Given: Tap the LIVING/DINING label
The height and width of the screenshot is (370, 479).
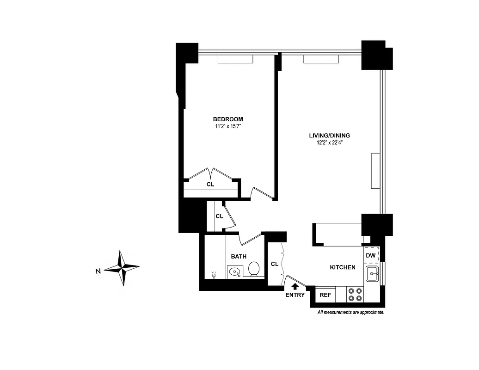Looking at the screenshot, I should point(329,136).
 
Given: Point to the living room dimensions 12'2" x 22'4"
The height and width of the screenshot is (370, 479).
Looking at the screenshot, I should point(329,142).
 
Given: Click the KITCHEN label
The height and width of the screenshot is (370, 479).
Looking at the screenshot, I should point(342,267).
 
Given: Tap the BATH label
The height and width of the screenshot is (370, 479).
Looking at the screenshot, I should point(239,256).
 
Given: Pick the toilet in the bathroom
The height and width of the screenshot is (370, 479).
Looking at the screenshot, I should point(254,269).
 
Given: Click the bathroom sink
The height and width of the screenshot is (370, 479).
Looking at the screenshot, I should point(234,271).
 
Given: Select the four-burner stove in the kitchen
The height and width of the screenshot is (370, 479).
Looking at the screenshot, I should point(355,295).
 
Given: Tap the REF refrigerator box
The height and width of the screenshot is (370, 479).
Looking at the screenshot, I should point(325,295).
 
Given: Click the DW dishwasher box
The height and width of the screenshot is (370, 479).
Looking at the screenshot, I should point(371,255).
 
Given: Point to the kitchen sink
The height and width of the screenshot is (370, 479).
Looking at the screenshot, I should point(372,274).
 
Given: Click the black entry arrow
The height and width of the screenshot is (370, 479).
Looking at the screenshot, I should point(295,286).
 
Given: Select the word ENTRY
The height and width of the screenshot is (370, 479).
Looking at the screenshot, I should point(295,295).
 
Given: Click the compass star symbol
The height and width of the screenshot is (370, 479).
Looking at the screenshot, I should point(122,268).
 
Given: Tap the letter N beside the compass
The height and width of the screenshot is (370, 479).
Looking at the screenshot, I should point(98,271).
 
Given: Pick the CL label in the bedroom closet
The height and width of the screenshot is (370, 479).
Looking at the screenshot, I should point(210,184).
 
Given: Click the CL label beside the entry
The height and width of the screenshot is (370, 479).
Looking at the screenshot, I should point(275,264).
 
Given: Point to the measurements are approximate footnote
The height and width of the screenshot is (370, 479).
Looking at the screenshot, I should point(350,313).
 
